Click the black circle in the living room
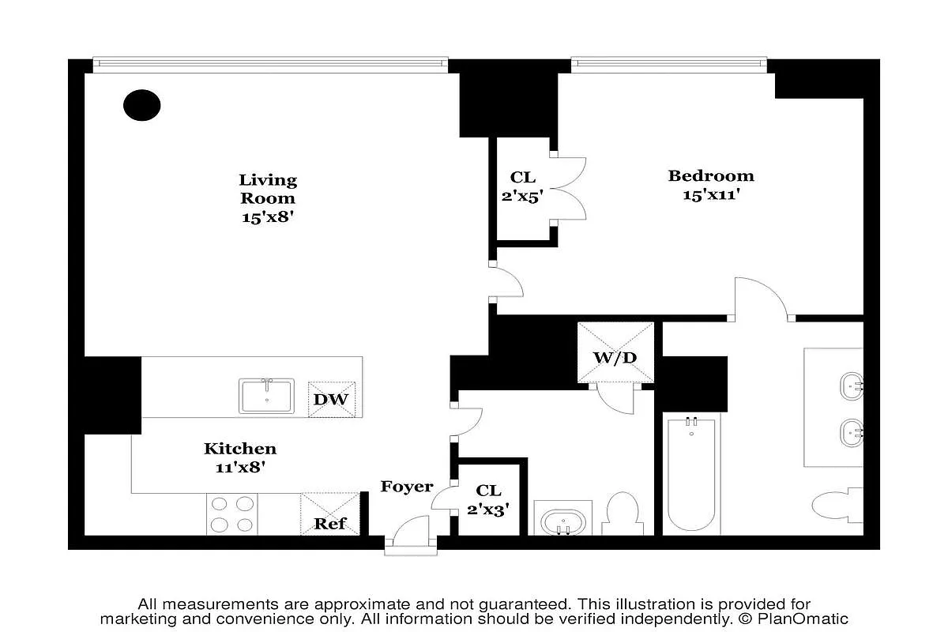click(x=142, y=104)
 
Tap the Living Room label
click(x=268, y=190)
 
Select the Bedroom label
click(x=711, y=175)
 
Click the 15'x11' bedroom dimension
click(x=711, y=194)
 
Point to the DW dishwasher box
click(x=331, y=399)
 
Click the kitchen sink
click(x=267, y=395)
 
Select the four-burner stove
click(x=233, y=513)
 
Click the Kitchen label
click(x=240, y=449)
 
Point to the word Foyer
click(x=407, y=487)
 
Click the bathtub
click(x=693, y=474)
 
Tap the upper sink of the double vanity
click(x=852, y=387)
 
